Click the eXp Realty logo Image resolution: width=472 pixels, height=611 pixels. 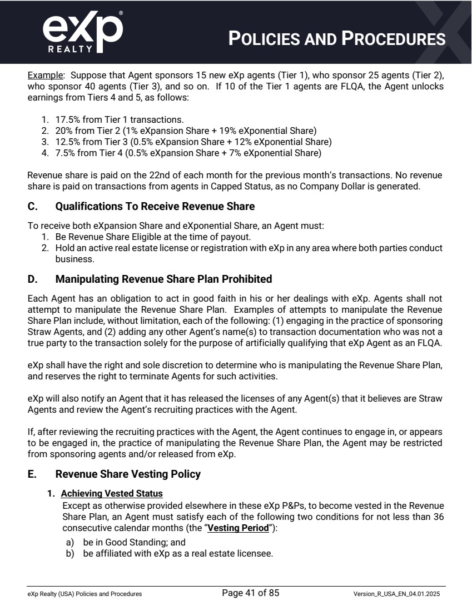click(x=82, y=32)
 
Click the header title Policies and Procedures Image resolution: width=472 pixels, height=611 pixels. click(x=337, y=38)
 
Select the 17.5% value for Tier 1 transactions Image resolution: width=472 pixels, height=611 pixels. click(x=66, y=119)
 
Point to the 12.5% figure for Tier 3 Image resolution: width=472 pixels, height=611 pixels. click(x=66, y=142)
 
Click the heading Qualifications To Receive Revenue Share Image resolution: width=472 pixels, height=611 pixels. click(x=155, y=207)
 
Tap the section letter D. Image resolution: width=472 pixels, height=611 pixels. click(x=32, y=278)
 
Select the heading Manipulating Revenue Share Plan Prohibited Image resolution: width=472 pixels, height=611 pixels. click(x=163, y=278)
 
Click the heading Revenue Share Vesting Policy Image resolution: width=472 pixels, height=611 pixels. click(x=128, y=474)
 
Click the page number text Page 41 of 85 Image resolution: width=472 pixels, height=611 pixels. click(x=250, y=593)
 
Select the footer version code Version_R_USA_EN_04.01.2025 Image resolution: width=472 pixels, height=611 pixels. click(x=399, y=594)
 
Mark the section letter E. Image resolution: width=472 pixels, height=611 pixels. click(x=31, y=474)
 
